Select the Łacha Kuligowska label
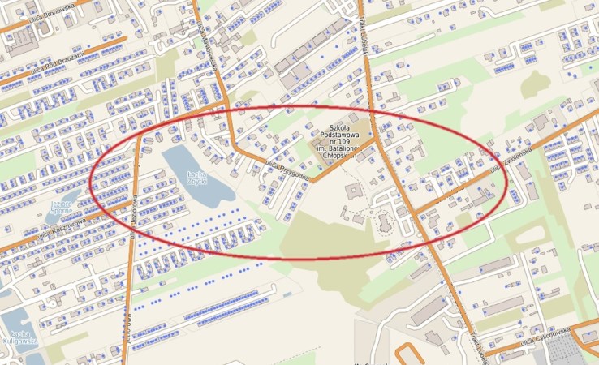click(x=20, y=337)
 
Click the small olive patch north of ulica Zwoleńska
click(x=535, y=83)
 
